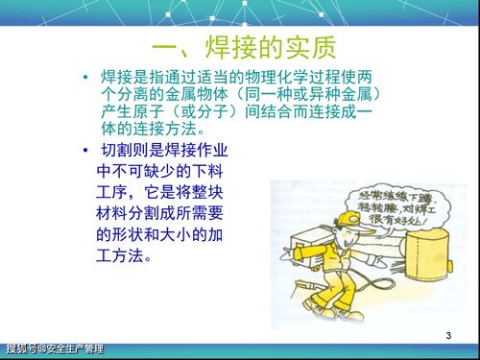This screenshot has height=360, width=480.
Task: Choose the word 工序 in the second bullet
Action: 117,192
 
